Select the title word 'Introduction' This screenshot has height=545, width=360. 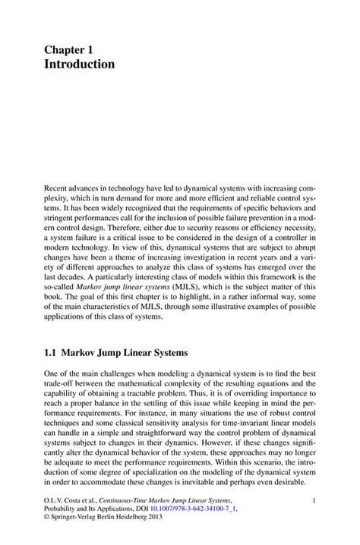click(x=79, y=65)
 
